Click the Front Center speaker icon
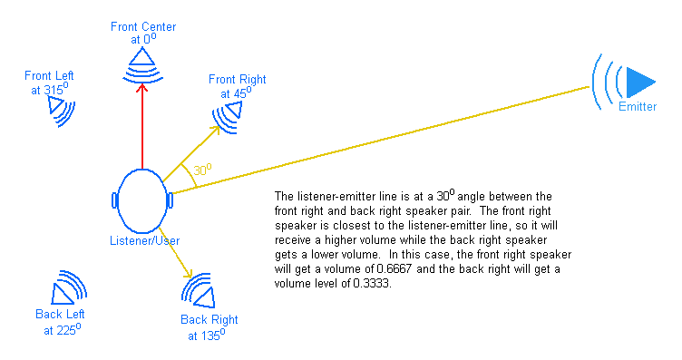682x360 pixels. point(142,62)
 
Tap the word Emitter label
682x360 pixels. point(638,107)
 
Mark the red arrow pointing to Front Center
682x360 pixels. point(142,127)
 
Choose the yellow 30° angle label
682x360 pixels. point(202,169)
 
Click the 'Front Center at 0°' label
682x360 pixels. point(143,33)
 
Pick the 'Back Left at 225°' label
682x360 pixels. point(61,322)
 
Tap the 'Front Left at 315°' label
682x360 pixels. point(51,83)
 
